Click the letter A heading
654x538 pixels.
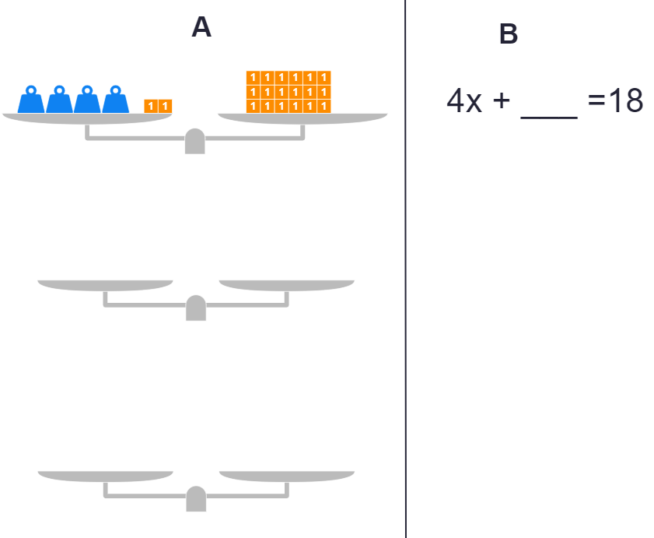[201, 28]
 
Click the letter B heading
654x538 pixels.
[508, 34]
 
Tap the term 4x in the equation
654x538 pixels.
[464, 101]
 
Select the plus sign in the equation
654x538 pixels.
[500, 102]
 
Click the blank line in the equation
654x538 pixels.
[549, 115]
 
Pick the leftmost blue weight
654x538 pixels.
[31, 100]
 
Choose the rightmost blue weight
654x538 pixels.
[116, 100]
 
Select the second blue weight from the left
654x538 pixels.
[59, 100]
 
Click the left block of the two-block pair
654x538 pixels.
[151, 106]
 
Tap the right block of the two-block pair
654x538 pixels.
[165, 106]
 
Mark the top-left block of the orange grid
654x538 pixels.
[253, 77]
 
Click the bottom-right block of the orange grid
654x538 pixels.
[324, 106]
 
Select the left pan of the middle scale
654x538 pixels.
[105, 284]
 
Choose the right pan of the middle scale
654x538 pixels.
[286, 284]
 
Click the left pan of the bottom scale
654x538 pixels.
[105, 476]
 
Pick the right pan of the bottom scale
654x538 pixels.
[286, 476]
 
